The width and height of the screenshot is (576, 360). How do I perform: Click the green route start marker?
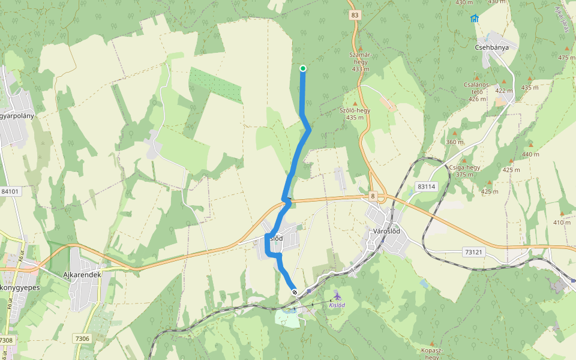[303, 68]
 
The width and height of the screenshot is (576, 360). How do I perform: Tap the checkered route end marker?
[295, 292]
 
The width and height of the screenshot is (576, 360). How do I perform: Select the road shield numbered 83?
[355, 15]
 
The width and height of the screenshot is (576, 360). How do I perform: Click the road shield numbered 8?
[372, 196]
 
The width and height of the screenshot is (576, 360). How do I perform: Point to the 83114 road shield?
[426, 187]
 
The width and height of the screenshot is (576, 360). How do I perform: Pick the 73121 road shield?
[473, 252]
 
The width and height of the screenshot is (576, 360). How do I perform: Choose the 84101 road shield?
[10, 191]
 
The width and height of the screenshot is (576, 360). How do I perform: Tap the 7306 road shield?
[83, 339]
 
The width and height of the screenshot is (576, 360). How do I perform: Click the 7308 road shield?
[6, 340]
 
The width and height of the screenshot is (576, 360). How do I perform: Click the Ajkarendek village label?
[82, 274]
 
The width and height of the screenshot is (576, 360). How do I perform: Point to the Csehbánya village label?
[491, 47]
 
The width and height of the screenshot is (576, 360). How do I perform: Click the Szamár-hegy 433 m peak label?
[360, 62]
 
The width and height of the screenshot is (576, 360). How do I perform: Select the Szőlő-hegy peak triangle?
[355, 103]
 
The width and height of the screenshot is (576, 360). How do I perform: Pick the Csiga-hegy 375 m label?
[464, 171]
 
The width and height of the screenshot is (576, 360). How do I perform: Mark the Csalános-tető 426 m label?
[476, 92]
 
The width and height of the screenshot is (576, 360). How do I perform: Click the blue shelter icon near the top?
[475, 18]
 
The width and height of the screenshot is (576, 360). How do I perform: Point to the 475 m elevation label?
[566, 58]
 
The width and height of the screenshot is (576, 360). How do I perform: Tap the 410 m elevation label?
[562, 223]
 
